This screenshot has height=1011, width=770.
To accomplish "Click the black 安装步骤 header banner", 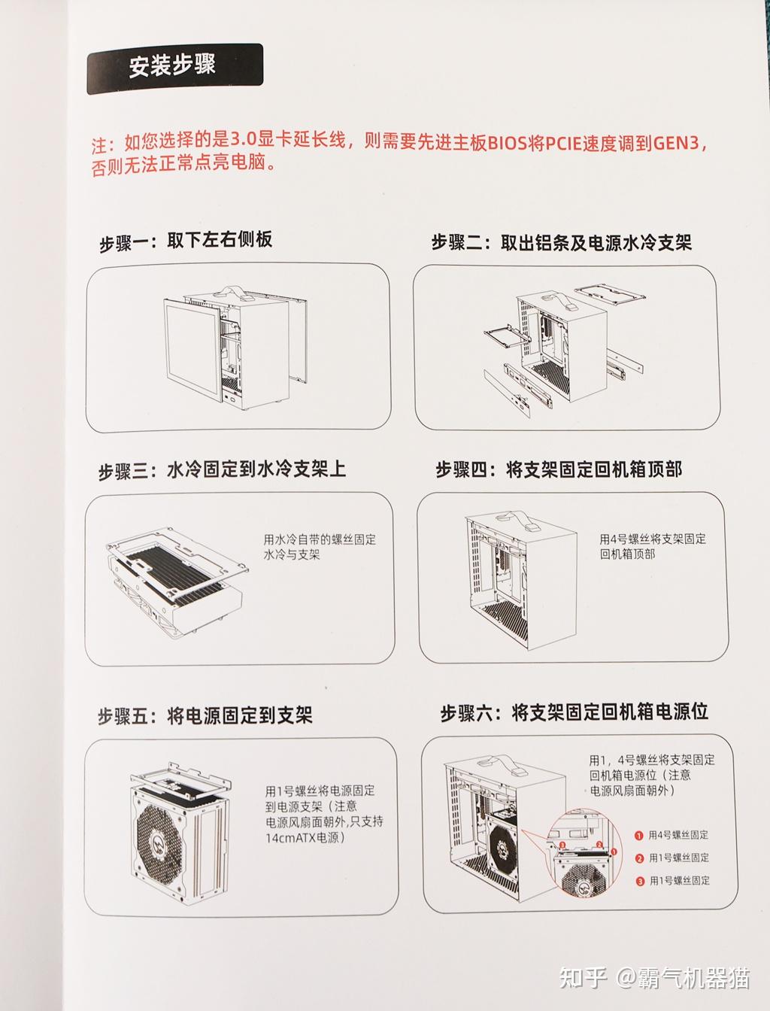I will coord(174,68).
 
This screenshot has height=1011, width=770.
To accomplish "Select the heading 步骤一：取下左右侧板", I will coord(186,241).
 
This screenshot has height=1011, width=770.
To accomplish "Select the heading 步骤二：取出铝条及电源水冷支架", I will coord(561,243).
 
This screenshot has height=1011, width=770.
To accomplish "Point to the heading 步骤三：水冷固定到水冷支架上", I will coord(223,471).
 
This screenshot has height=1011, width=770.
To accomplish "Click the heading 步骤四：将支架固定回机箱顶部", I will coord(559,471).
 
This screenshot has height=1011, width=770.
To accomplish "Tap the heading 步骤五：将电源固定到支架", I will coord(205,715).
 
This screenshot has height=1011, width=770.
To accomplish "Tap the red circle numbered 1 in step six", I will coord(639,835).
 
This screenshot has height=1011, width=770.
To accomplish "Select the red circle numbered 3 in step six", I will coord(639,881).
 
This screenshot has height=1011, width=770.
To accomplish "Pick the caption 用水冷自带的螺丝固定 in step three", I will coord(320,539).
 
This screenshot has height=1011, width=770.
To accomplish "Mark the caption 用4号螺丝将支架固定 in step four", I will coord(652,539).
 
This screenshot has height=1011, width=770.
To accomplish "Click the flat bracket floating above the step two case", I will coord(609,295).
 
